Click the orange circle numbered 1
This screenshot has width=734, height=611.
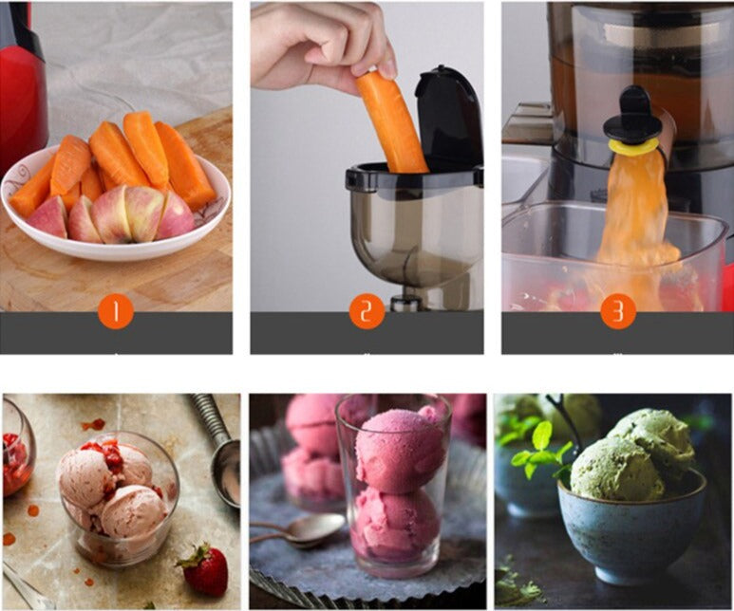click(116, 311)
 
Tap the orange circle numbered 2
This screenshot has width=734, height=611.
click(367, 311)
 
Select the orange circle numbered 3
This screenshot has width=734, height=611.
click(618, 311)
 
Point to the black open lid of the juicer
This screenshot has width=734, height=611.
click(448, 117)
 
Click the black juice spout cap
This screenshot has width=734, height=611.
click(631, 115)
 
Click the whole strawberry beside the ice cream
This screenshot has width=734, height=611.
click(205, 569)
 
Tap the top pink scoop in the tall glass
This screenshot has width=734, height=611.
click(401, 452)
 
